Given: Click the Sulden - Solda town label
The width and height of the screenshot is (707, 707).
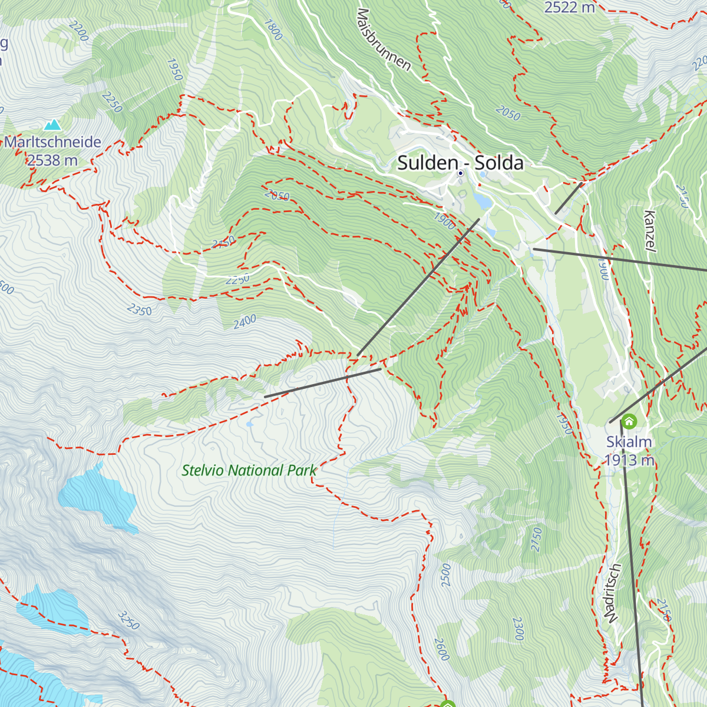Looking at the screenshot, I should coord(460,162).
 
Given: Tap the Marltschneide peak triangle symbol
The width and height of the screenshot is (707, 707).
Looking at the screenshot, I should coord(53,125).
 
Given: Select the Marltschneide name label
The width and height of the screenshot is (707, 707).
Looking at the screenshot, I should coord(52,142).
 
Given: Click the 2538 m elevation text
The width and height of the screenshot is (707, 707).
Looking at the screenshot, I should coord(52,160).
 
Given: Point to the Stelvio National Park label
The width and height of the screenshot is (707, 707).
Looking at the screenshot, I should coord(249,470).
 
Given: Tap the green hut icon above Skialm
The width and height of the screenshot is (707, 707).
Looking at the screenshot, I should coord(629,421).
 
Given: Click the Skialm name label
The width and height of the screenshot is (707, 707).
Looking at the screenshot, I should coord(629,442).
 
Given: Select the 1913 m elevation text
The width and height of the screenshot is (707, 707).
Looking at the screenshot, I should coord(629,460).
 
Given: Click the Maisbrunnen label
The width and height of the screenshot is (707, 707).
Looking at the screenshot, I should coord(384,39).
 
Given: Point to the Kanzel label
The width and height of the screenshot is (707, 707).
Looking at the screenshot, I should coord(650,232).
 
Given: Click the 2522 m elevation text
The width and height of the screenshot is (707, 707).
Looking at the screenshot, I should coord(569,8).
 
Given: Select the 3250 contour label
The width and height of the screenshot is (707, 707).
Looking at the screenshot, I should coord(128,620).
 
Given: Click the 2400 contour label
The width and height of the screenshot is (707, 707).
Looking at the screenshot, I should coord(245,321).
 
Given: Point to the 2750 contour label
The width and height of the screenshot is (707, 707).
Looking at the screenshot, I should coord(536,539).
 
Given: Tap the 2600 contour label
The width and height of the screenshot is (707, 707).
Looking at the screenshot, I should coord(442,649).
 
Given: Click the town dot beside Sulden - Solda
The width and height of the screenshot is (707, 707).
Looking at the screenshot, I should coord(460,173).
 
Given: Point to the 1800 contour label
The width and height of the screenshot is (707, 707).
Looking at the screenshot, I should coord(273,30).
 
